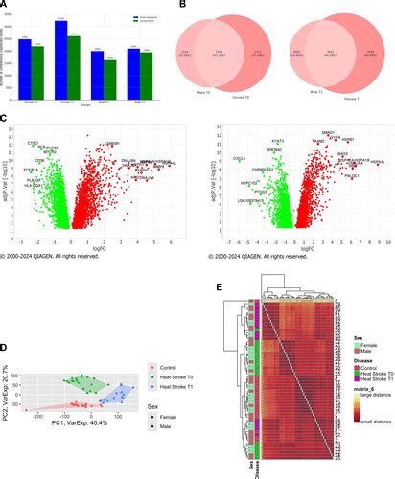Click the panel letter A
pos(6,6)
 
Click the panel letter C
pos(6,120)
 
